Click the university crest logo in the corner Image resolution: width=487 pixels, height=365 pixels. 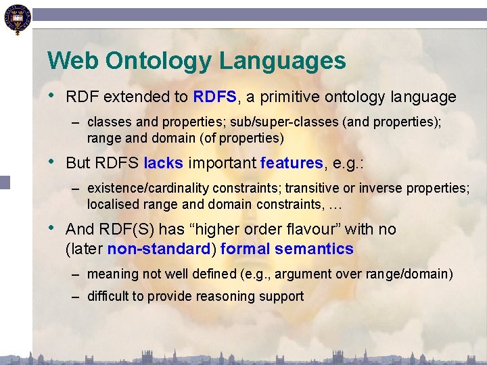[x=16, y=19]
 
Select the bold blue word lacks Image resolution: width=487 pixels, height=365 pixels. [x=163, y=163]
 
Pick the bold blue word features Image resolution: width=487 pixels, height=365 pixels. [x=292, y=163]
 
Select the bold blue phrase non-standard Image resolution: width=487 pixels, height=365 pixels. [x=159, y=249]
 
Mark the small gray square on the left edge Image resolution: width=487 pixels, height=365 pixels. [x=5, y=182]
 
